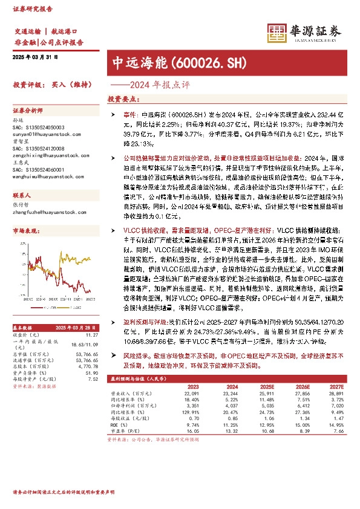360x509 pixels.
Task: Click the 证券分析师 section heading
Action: click(29, 111)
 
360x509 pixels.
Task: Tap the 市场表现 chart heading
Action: click(26, 231)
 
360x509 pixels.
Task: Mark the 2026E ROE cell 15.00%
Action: click(303, 439)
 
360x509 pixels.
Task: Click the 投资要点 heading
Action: click(120, 99)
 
